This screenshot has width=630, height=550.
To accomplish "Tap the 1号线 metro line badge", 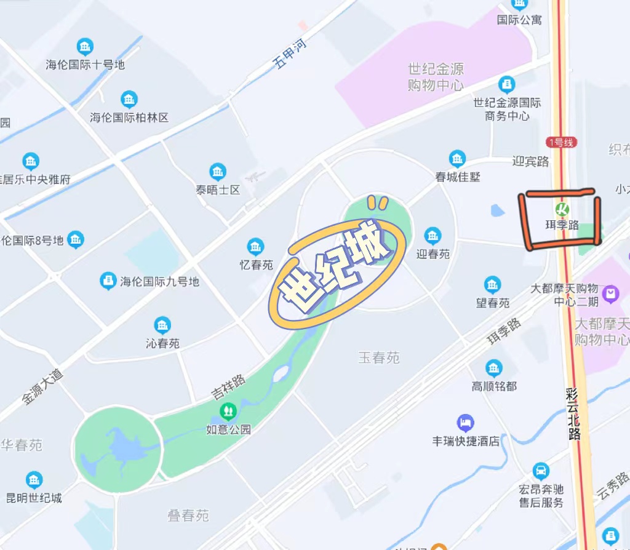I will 561,142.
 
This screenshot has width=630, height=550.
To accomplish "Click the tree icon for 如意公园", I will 228,410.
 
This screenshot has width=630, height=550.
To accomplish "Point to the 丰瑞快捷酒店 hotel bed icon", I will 466,423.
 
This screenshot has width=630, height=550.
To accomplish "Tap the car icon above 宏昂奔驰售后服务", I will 541,472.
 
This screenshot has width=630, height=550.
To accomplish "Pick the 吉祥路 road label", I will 228,386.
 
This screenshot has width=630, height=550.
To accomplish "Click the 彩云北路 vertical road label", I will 573,414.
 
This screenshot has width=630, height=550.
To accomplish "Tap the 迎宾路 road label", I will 530,161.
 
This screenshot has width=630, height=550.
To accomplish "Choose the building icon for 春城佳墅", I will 457,159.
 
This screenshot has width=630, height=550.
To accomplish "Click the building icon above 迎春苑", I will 433,236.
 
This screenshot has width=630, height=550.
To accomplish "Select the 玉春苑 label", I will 379,357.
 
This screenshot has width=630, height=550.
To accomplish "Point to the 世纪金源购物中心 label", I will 436,77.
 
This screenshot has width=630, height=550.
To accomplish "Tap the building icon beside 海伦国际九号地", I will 108,281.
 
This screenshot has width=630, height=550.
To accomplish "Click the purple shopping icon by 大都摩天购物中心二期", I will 611,293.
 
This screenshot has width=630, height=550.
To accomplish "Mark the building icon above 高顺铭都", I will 494,368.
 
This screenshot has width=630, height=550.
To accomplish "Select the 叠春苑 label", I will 188,515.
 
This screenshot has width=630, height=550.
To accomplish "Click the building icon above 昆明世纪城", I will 34,480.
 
